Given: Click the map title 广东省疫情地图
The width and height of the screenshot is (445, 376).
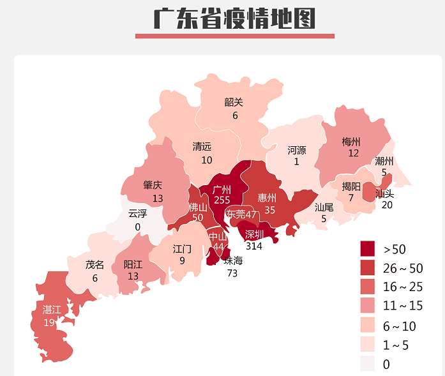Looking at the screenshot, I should pyautogui.click(x=234, y=19).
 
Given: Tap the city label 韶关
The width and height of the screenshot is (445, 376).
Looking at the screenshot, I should pyautogui.click(x=234, y=102).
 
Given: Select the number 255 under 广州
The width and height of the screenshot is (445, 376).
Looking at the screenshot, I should pyautogui.click(x=222, y=200).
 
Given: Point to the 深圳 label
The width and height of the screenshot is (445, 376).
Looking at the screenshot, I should pyautogui.click(x=254, y=234).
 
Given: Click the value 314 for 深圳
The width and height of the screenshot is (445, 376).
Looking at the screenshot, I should pyautogui.click(x=254, y=246).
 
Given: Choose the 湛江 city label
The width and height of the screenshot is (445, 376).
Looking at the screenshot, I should pyautogui.click(x=52, y=310).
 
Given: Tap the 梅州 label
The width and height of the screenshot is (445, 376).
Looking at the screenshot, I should pyautogui.click(x=351, y=142).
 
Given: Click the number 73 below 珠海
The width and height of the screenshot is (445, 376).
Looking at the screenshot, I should pyautogui.click(x=232, y=273).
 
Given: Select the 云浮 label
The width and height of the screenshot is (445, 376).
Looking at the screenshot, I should pyautogui.click(x=137, y=213).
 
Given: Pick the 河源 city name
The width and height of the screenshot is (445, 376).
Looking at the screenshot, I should pyautogui.click(x=296, y=150).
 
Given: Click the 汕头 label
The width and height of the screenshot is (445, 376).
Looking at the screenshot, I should pyautogui.click(x=384, y=193).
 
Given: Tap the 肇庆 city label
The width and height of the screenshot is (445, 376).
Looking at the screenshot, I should pyautogui.click(x=153, y=185).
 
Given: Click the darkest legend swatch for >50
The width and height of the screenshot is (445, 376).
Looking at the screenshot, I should pyautogui.click(x=368, y=248).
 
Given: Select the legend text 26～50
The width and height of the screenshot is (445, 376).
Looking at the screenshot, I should pyautogui.click(x=403, y=268).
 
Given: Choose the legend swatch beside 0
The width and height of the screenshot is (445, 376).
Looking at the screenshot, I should pyautogui.click(x=368, y=364).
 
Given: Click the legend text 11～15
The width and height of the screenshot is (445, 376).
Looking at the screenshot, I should pyautogui.click(x=403, y=306).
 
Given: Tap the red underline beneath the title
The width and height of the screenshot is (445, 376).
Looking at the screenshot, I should pyautogui.click(x=234, y=36).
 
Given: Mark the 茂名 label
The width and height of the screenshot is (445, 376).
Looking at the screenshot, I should pyautogui.click(x=94, y=265).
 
